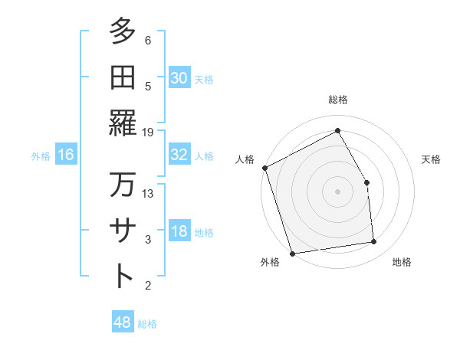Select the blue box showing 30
(179, 77)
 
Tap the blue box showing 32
(179, 154)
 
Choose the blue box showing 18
(179, 231)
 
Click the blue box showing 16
(66, 155)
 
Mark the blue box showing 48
(123, 322)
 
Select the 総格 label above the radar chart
(338, 100)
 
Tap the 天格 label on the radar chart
(431, 159)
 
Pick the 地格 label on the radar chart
(402, 262)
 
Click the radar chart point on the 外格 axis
(292, 253)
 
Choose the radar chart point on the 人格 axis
(264, 168)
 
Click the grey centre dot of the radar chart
(338, 191)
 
